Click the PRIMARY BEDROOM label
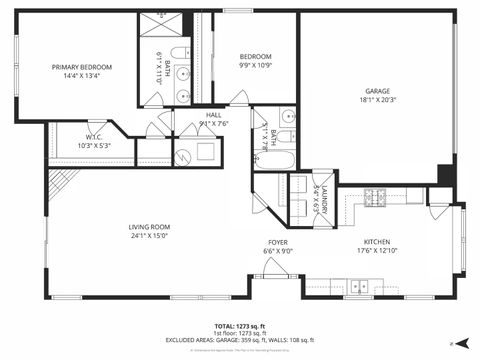coord(82,67)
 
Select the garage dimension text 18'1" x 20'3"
coord(378,99)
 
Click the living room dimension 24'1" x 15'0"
coord(148,236)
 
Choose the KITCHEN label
coord(376,241)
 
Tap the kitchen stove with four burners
coord(374,197)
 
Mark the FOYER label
coord(277,241)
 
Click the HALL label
coord(214,115)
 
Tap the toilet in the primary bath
coord(176,54)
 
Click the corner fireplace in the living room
coord(61,181)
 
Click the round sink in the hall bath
coord(287,116)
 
